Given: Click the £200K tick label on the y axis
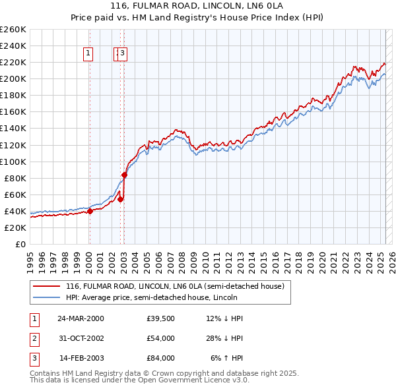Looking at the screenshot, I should (13, 78).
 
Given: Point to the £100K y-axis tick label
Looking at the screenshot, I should (13, 162).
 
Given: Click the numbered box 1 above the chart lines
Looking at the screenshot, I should (88, 54).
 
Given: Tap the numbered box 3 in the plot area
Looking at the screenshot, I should (123, 54).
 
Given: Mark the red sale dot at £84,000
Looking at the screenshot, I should (124, 175).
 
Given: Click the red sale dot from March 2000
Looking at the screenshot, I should (90, 212).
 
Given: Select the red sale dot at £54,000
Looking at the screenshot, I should (121, 199).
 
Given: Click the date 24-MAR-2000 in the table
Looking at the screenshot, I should (81, 318).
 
